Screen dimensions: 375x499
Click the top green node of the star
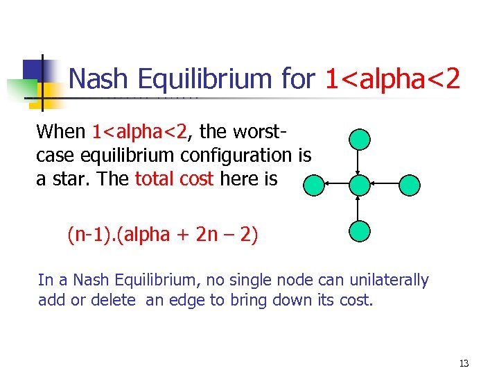[x=360, y=140]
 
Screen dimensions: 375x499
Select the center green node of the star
[x=360, y=185]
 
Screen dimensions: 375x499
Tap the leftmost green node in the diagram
[x=314, y=185]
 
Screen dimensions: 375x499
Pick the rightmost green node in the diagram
[x=410, y=185]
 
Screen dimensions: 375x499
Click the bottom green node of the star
[x=360, y=231]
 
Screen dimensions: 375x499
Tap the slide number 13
[x=464, y=363]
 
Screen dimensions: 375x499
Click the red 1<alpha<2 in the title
[x=392, y=79]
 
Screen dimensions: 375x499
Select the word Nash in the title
[x=99, y=79]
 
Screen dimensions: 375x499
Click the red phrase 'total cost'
[x=174, y=178]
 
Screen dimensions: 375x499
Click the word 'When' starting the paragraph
[x=61, y=131]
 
